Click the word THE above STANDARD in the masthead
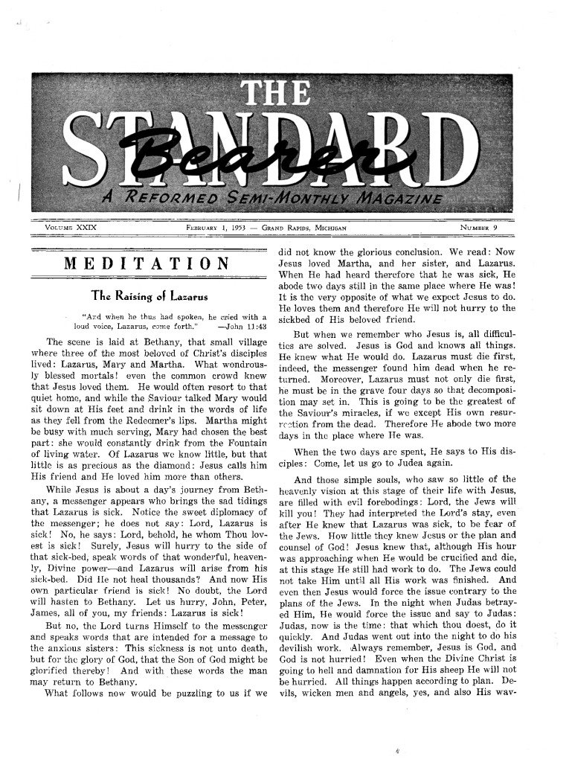pos(268,95)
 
